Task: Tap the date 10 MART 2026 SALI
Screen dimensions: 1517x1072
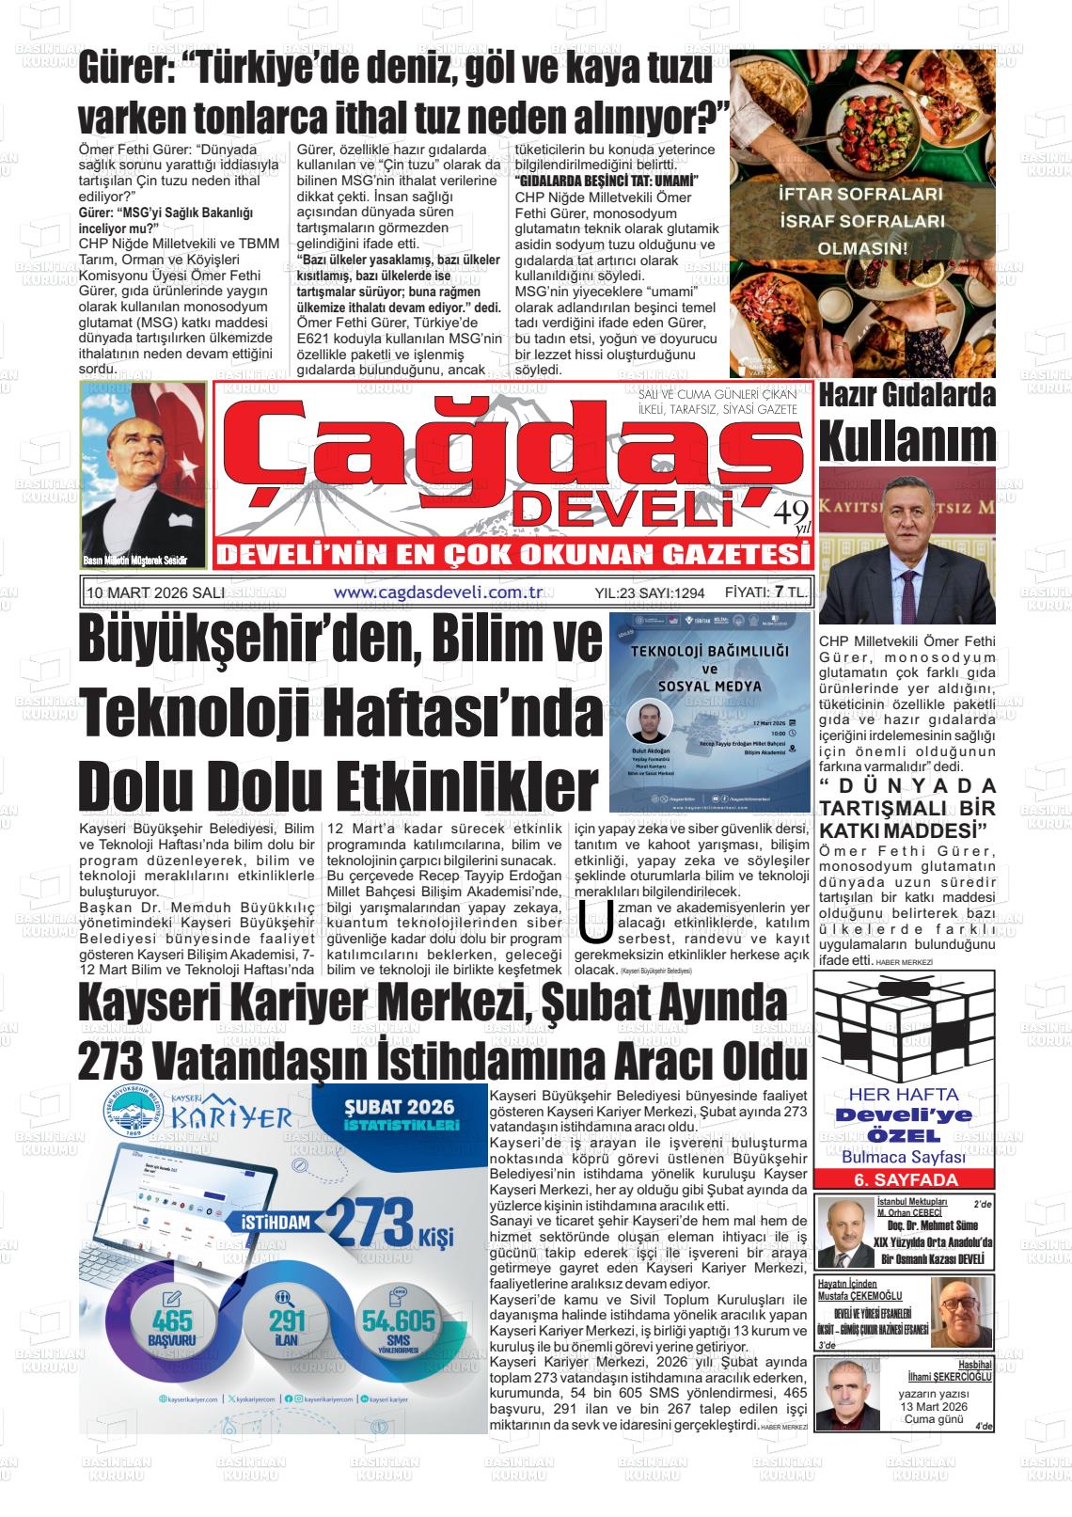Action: click(155, 593)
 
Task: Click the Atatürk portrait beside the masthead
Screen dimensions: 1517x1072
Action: click(144, 475)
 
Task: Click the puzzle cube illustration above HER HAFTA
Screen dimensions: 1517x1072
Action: click(904, 1026)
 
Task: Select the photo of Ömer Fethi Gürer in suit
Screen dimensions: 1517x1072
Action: click(906, 545)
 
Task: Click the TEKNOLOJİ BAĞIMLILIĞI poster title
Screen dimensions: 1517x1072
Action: click(709, 651)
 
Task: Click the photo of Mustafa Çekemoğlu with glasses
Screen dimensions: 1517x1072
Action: click(961, 1313)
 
